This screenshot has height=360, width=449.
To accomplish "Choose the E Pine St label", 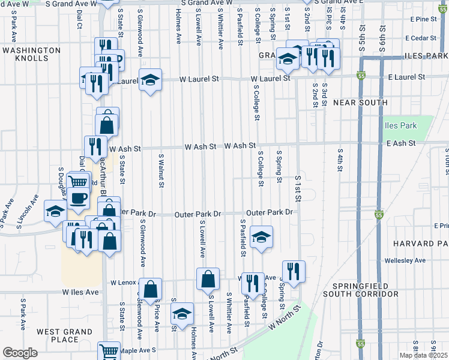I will coord(424,19).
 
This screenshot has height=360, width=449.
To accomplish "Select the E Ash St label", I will coord(401,143).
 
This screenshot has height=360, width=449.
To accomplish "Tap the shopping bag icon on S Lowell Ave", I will coord(208,279).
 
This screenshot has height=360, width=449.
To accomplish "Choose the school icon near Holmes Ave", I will coord(182,314).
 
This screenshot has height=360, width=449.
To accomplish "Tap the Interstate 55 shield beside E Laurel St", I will coord(360,76).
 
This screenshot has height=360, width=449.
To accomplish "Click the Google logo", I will coord(20,353).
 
